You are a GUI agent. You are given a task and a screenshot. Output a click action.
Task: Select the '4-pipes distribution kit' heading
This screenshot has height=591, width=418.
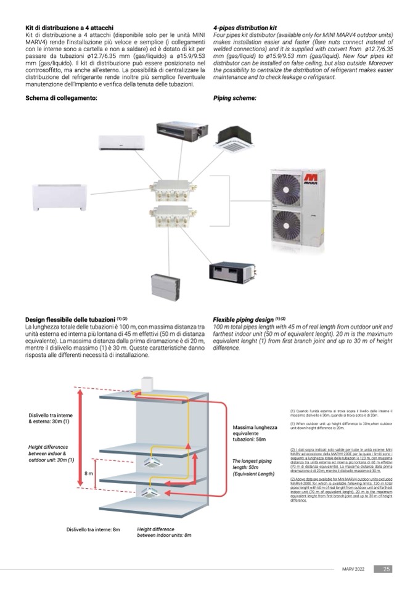tap(245, 28)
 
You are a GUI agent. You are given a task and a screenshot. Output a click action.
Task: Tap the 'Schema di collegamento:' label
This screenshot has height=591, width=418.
tap(61, 98)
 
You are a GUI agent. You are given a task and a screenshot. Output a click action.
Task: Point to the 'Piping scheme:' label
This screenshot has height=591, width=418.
tap(234, 98)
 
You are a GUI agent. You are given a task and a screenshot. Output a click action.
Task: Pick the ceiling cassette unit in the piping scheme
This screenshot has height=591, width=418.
tap(232, 138)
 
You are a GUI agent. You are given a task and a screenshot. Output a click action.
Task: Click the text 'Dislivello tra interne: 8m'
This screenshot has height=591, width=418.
tap(93, 529)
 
